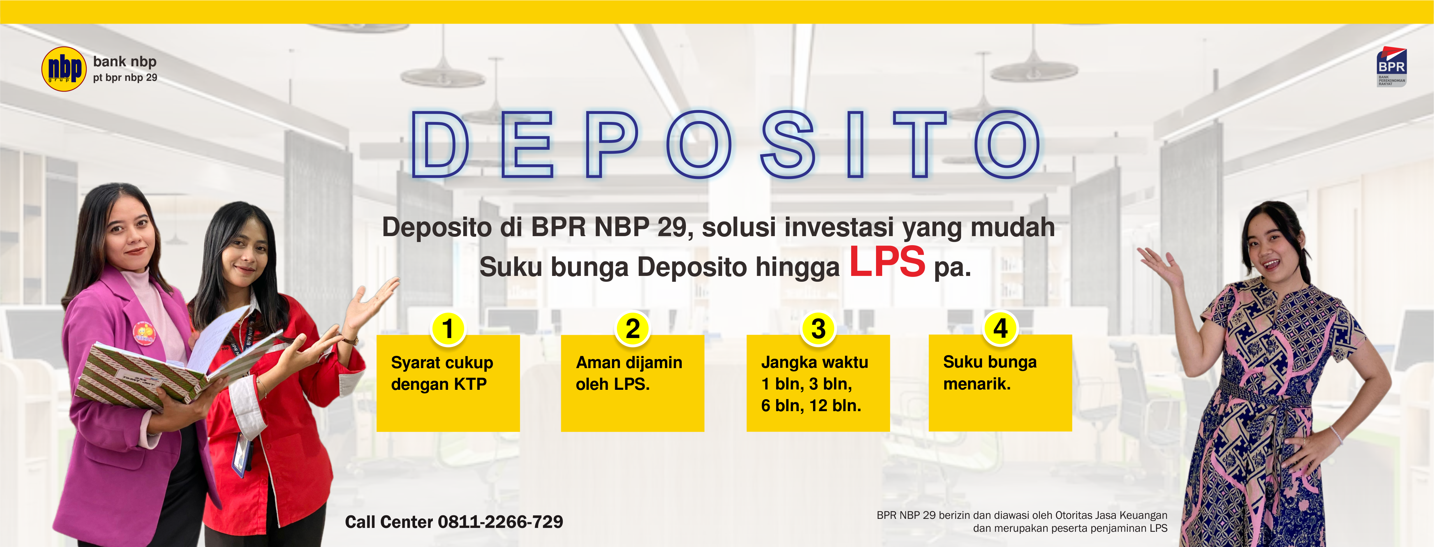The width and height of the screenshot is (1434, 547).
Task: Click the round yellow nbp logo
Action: click(x=64, y=69)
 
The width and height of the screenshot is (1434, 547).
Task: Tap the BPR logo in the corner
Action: click(x=1392, y=67)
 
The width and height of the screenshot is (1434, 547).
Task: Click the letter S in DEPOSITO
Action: click(x=788, y=144)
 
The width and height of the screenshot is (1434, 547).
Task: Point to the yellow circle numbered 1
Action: click(x=448, y=328)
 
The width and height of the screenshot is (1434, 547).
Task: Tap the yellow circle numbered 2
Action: click(x=632, y=328)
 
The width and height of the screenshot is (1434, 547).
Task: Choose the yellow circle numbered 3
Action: click(x=818, y=328)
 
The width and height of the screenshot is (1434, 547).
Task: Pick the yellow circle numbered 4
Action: click(x=1001, y=328)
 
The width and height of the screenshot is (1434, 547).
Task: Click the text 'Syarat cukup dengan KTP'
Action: click(x=442, y=373)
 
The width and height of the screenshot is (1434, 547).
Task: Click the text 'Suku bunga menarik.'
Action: click(x=990, y=373)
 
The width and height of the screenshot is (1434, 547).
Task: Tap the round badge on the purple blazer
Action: click(x=144, y=333)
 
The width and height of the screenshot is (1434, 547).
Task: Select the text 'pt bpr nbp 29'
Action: click(x=125, y=77)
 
